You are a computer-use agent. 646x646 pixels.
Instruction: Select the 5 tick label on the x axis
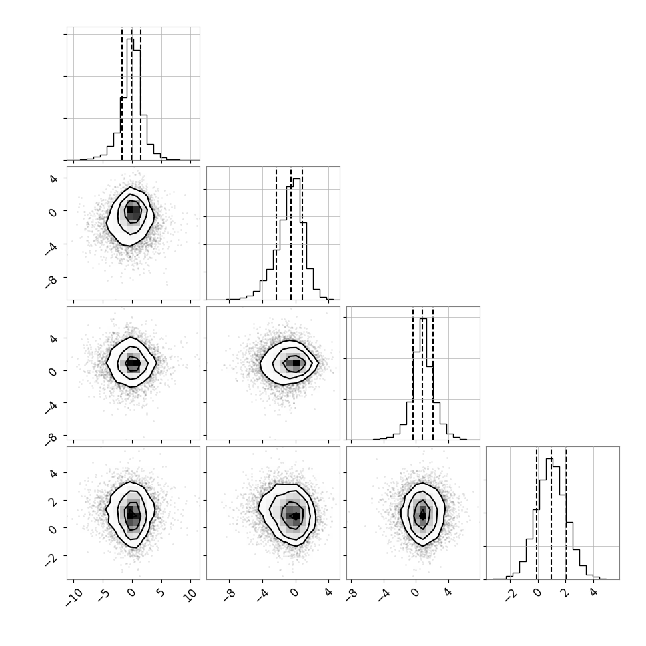point(161,593)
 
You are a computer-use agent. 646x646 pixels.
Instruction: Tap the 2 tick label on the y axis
point(53,501)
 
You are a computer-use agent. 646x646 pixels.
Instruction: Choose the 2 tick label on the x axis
point(565,593)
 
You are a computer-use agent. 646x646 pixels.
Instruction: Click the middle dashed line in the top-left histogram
point(132,95)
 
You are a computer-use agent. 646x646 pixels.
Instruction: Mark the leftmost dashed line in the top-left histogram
point(122,95)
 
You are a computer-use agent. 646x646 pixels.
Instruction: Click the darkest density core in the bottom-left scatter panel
point(131,515)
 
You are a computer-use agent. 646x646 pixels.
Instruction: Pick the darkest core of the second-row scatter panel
point(130,210)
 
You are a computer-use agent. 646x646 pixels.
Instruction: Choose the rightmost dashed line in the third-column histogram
point(433,374)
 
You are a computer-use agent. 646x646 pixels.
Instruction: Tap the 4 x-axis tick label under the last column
point(593,593)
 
